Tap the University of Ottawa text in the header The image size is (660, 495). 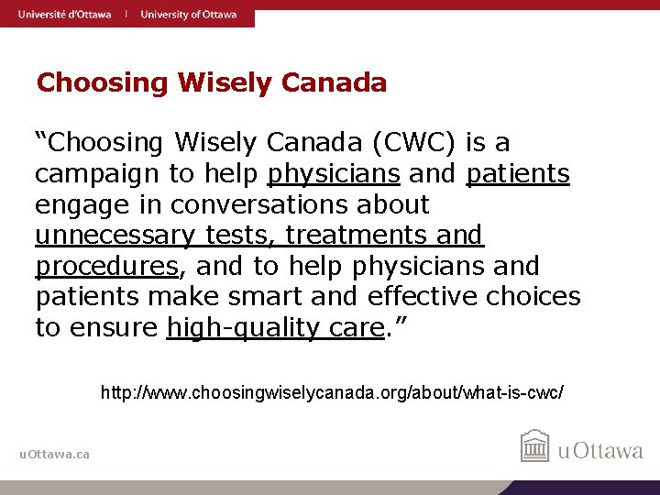coord(188,14)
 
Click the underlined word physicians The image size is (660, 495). coord(334,174)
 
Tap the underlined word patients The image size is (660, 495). coord(518,174)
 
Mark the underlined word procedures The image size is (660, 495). coord(106,267)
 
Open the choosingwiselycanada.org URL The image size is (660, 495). coord(332,393)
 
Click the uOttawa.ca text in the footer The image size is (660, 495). coord(55,455)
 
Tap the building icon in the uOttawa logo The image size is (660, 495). coord(534,446)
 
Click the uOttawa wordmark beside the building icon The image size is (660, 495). coord(601,450)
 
